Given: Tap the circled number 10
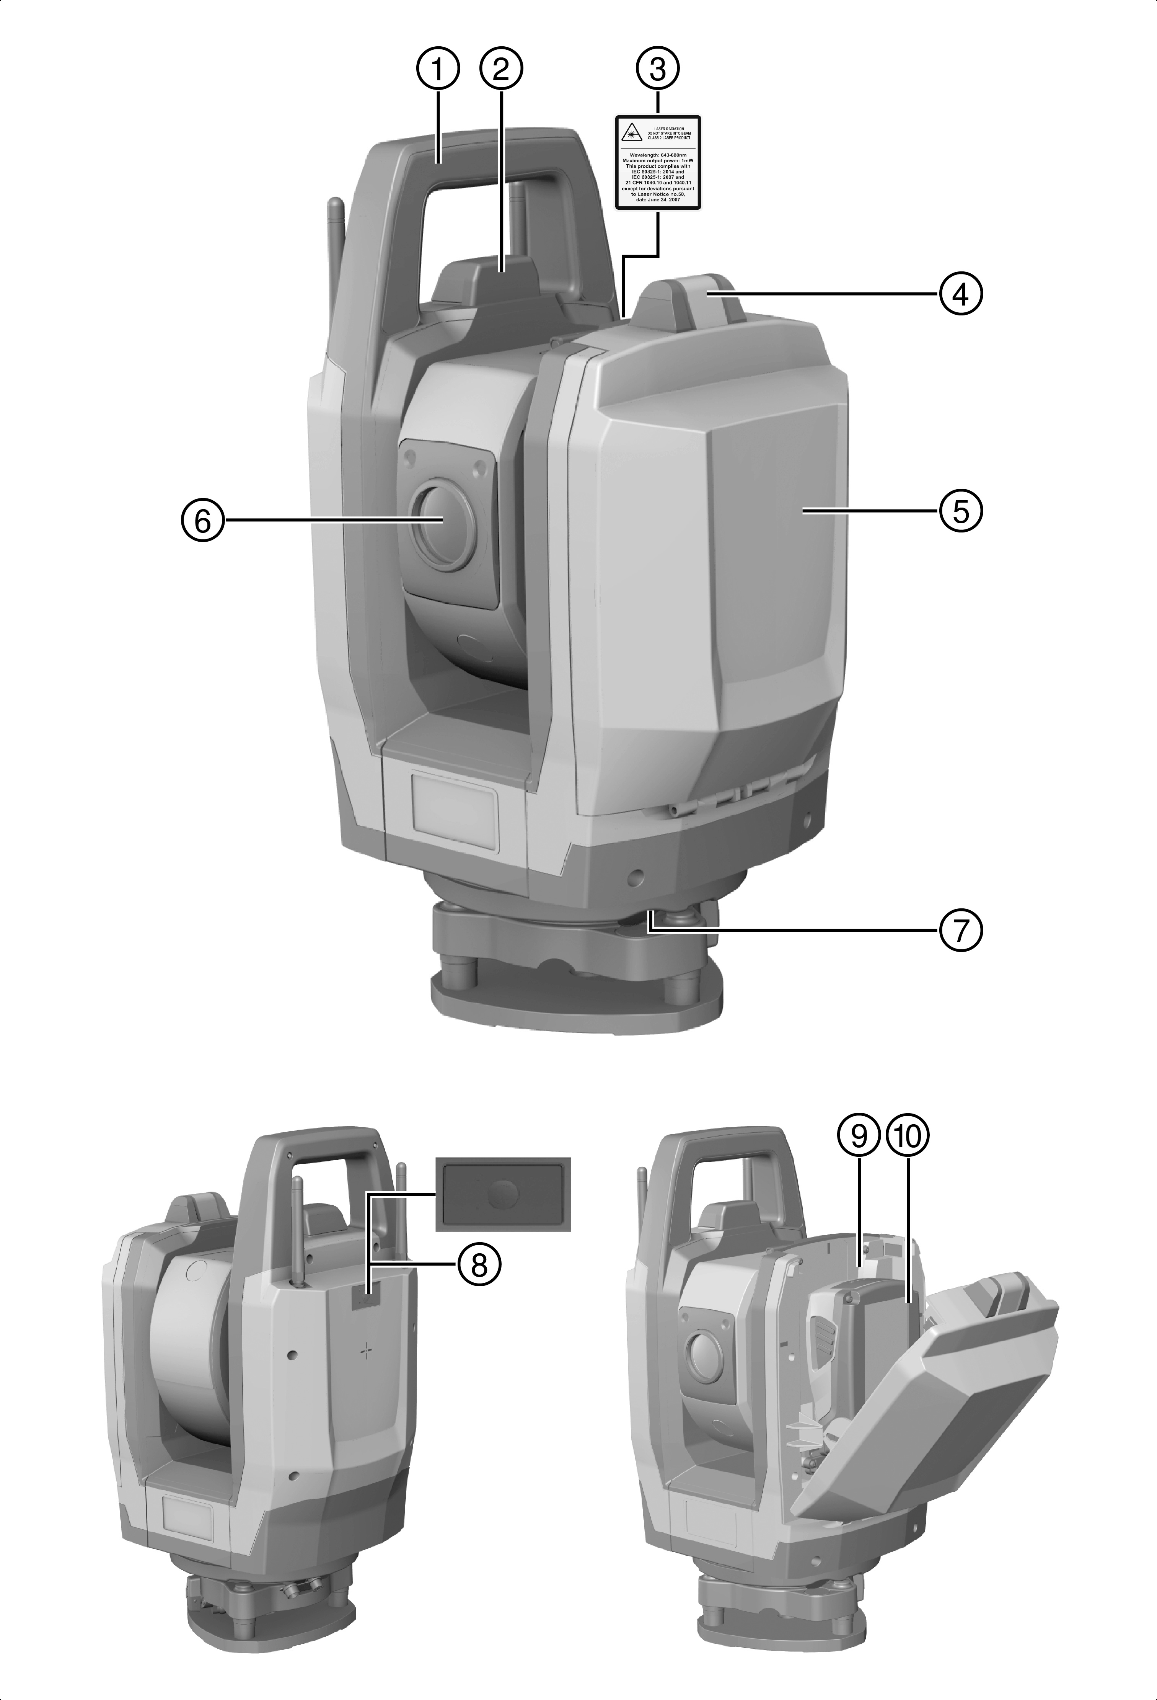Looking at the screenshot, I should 907,1135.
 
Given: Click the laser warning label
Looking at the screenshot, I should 657,162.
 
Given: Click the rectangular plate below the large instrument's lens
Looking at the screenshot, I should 454,813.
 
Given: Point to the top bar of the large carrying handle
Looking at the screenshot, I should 483,146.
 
